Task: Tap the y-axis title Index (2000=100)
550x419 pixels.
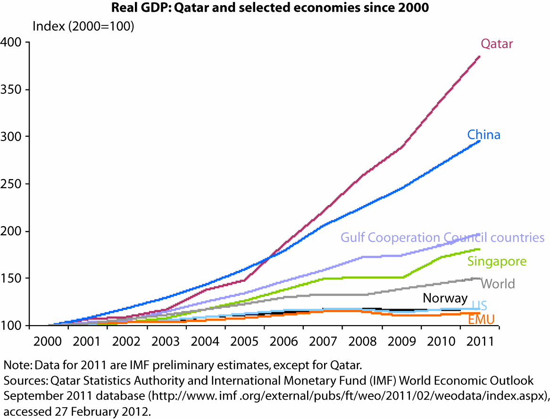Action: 83,26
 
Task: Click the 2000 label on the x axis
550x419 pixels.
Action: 48,341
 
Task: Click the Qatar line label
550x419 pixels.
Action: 496,44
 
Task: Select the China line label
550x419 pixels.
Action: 483,135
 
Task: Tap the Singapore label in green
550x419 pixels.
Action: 497,261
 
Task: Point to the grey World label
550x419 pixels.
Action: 498,283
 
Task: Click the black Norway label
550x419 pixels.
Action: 445,298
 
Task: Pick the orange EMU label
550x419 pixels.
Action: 481,320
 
